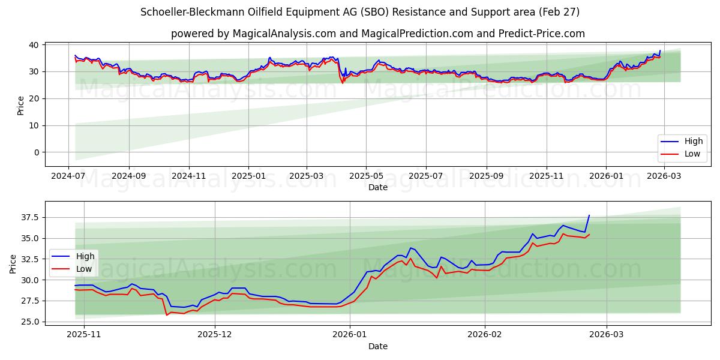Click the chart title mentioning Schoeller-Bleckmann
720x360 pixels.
click(360, 12)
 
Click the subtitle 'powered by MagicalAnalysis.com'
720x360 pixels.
click(378, 34)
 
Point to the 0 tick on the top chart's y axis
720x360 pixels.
click(37, 152)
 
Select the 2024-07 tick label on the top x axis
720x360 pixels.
click(68, 176)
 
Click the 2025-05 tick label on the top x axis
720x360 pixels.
click(366, 176)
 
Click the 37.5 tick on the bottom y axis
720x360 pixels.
click(29, 217)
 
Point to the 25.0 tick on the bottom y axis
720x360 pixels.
click(29, 322)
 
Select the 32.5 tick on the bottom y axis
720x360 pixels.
click(29, 259)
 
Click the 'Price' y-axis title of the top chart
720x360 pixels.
click(20, 104)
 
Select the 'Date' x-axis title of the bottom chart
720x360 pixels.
click(378, 346)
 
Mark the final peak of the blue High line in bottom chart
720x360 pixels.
click(589, 215)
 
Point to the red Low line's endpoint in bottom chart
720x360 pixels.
click(589, 235)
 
